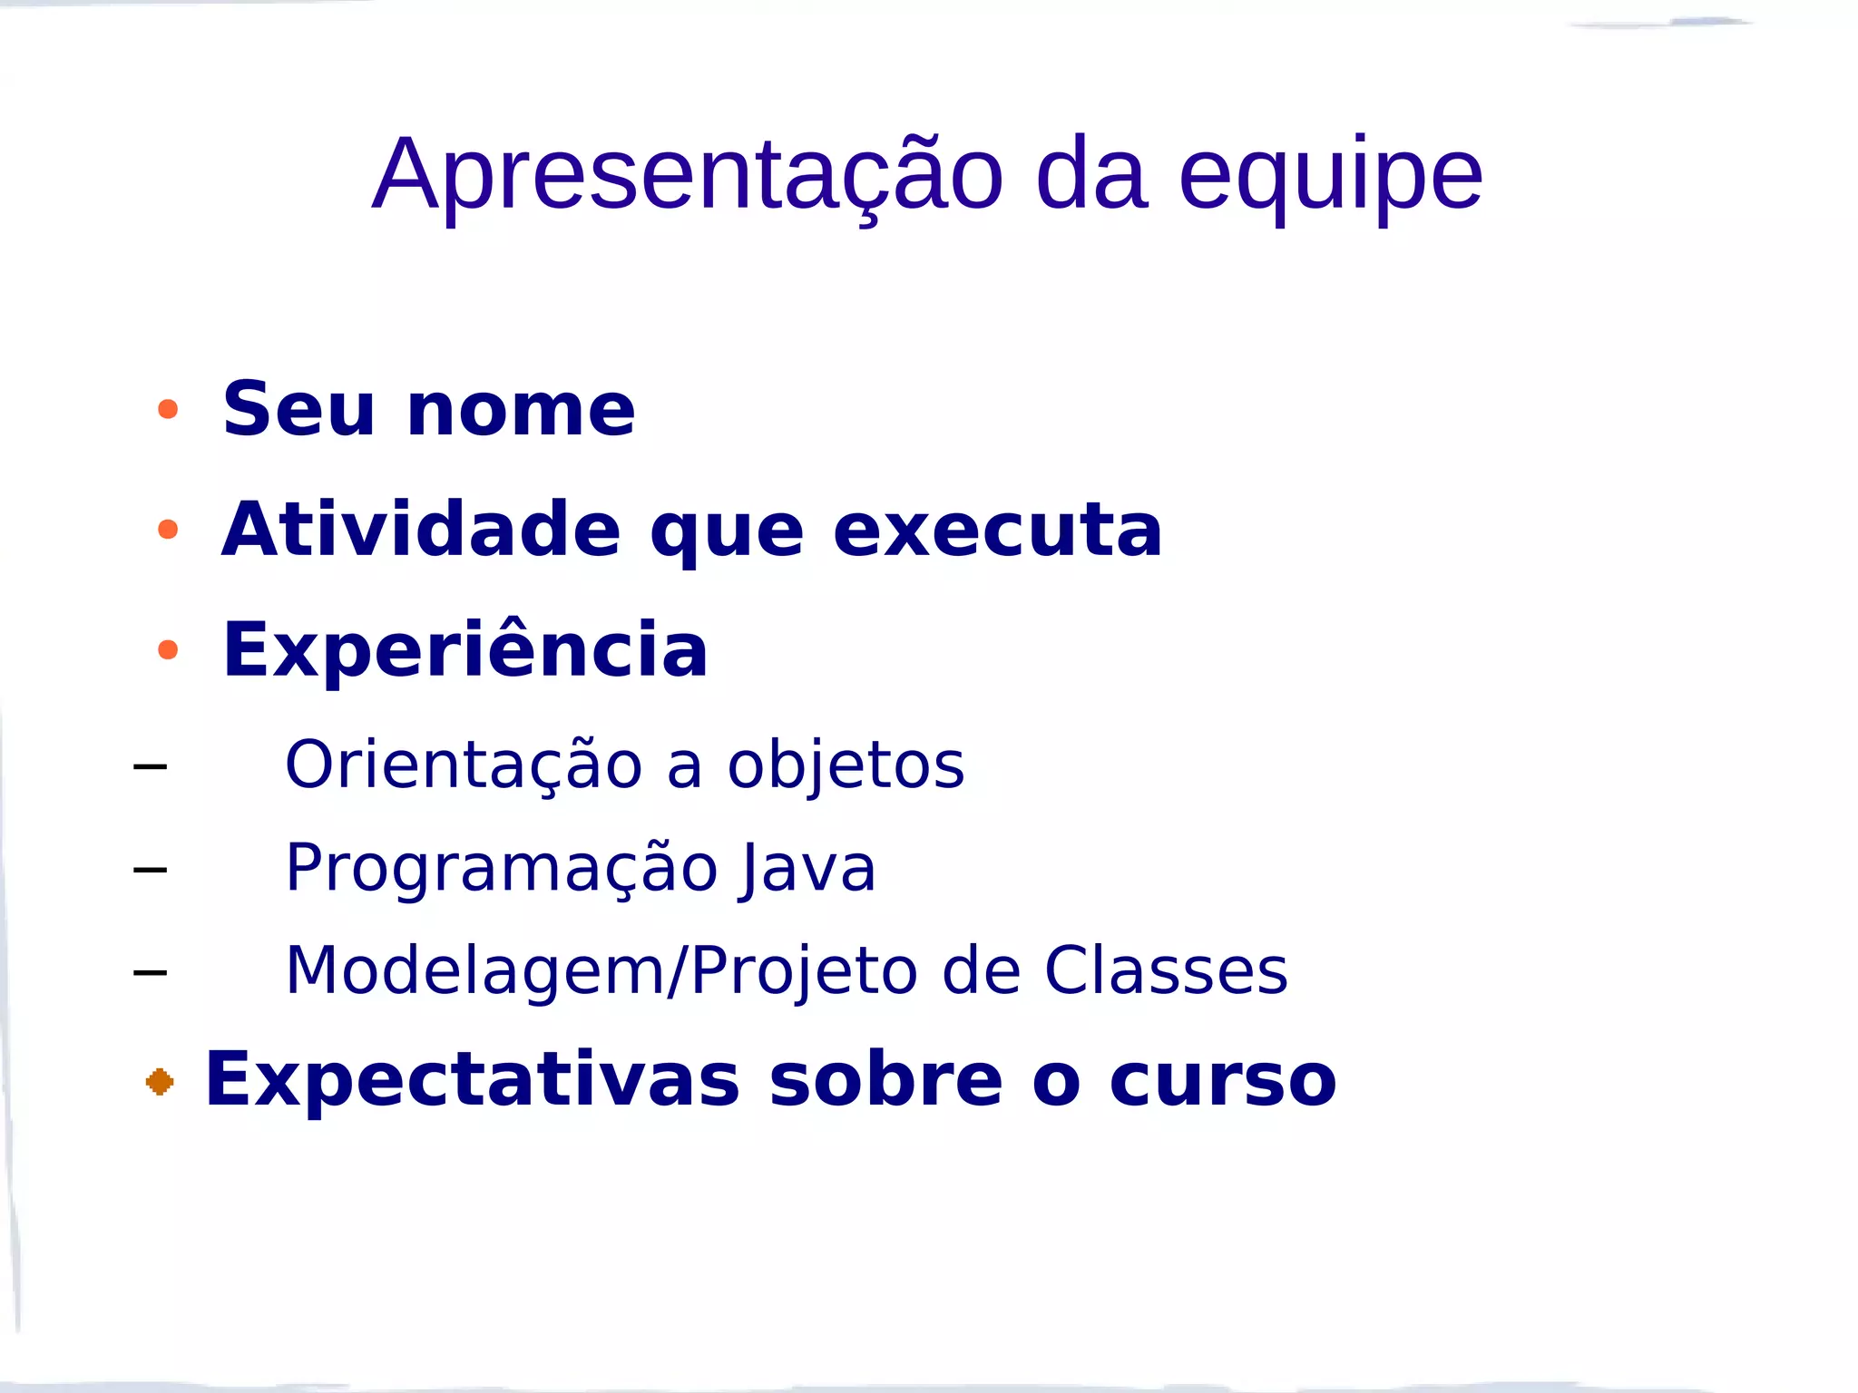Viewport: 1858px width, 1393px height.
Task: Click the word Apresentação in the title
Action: (x=688, y=174)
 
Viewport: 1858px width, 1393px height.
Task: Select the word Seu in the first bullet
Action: (x=298, y=409)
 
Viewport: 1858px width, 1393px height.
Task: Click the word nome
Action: (x=521, y=411)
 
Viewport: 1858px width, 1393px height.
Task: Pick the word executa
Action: (x=997, y=531)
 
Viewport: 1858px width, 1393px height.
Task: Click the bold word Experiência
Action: (x=464, y=649)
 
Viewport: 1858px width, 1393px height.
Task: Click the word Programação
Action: (x=502, y=868)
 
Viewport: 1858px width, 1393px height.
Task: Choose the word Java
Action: (x=807, y=868)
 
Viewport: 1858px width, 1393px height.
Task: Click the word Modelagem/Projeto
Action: (x=600, y=970)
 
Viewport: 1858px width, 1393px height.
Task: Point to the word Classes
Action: (x=1165, y=970)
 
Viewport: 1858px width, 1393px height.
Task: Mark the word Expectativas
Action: (x=473, y=1079)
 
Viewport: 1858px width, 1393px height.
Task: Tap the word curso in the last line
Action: (x=1222, y=1079)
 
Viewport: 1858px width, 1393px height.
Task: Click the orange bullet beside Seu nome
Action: (x=168, y=409)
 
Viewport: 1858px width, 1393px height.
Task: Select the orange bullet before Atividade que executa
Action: (x=168, y=529)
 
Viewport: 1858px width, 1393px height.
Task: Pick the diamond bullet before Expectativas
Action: (x=160, y=1081)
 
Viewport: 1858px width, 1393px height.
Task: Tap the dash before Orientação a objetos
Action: (x=150, y=767)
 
